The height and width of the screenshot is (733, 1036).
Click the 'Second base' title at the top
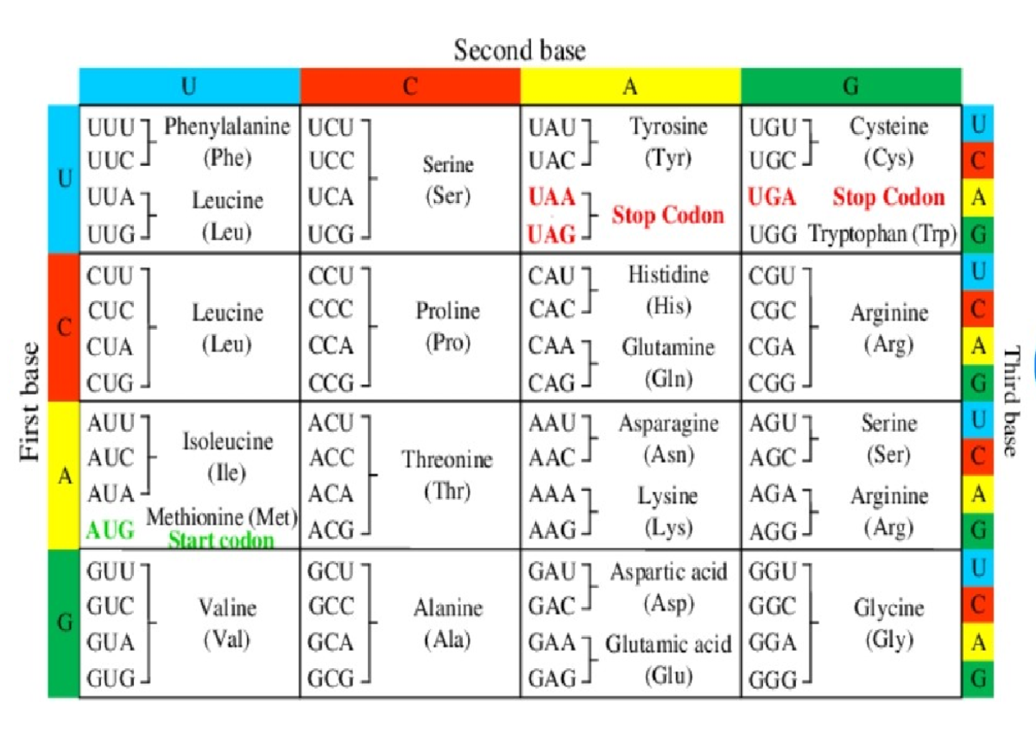(520, 50)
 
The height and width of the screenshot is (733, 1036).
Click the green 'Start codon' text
(221, 541)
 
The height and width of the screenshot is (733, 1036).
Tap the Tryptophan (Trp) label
(882, 234)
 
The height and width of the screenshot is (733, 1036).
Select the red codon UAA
(552, 198)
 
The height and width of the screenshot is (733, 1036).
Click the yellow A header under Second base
(630, 86)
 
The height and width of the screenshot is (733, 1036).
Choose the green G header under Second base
(850, 86)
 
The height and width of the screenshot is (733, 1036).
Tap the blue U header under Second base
(189, 86)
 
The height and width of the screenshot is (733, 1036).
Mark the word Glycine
(889, 609)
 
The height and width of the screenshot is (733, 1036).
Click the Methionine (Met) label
(222, 518)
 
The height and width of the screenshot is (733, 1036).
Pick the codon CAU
(552, 276)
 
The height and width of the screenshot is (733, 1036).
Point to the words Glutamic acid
(668, 644)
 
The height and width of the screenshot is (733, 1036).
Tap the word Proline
(447, 312)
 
